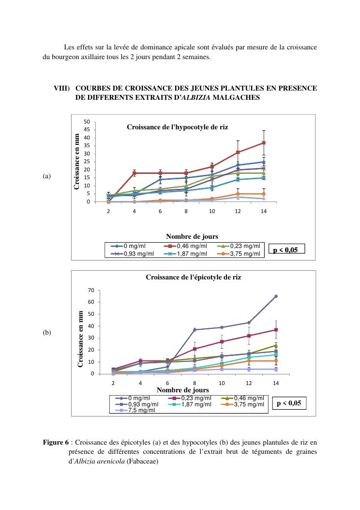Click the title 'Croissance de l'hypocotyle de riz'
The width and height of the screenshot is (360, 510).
tap(177, 127)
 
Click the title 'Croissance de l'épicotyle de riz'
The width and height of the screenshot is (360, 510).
tap(194, 278)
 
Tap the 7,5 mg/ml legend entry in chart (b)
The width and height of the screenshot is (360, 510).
tap(136, 410)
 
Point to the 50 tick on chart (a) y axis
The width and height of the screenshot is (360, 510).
tap(87, 122)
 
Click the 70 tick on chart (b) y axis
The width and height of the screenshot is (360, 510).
tap(90, 290)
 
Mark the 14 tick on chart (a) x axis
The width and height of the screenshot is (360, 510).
tap(263, 212)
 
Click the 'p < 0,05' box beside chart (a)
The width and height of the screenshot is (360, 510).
tap(287, 250)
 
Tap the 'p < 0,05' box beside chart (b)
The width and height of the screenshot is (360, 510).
tap(289, 403)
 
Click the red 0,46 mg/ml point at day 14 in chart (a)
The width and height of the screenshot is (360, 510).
tap(264, 143)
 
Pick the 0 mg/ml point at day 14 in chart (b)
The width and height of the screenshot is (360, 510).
tap(276, 296)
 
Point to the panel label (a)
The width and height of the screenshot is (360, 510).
tap(46, 176)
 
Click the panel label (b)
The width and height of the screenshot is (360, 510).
tap(46, 333)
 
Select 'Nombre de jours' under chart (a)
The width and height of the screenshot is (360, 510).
tap(192, 236)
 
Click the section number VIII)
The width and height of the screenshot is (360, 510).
tap(61, 88)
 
